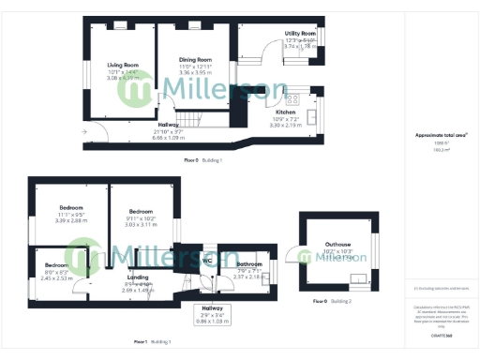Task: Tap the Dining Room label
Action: coord(196,60)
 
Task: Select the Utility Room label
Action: coord(300,33)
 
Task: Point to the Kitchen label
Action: coord(286,112)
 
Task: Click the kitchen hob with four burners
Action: coord(292,97)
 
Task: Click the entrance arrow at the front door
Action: coord(85,132)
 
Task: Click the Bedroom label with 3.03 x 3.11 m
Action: coord(141,212)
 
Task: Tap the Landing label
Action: coord(138,277)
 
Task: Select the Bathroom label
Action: coord(249,264)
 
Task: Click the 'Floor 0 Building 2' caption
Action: coord(333,301)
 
